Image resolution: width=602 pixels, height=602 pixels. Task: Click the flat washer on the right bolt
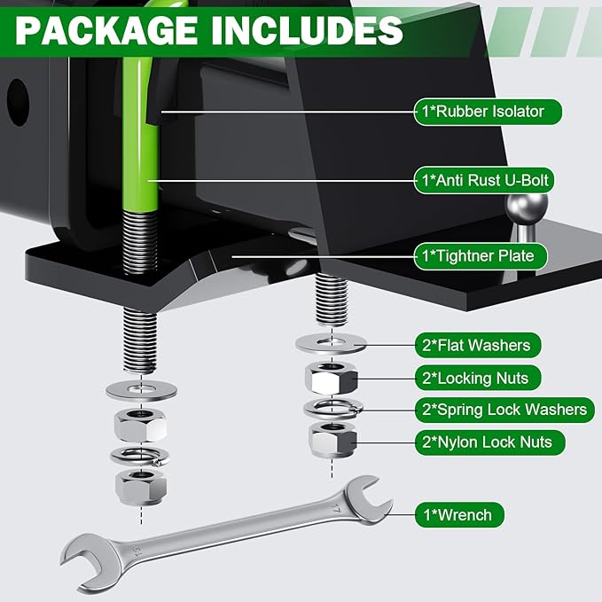pyautogui.click(x=333, y=341)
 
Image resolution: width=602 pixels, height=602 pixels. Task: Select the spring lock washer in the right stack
pyautogui.click(x=332, y=409)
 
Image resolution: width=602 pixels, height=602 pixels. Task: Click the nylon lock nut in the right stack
pyautogui.click(x=332, y=439)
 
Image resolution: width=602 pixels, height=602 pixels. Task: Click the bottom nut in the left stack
pyautogui.click(x=139, y=484)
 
